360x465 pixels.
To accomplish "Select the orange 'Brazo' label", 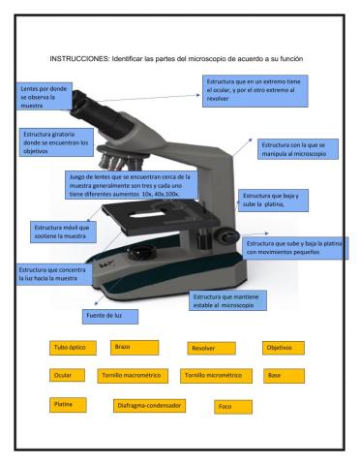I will point(134,347).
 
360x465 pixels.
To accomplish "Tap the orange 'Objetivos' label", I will point(284,347).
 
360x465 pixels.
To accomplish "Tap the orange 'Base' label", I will point(284,375).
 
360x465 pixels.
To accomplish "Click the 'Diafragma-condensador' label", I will point(149,405).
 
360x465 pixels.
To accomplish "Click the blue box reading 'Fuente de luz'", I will point(109,316).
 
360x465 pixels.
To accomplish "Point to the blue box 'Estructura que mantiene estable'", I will point(230,298).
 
